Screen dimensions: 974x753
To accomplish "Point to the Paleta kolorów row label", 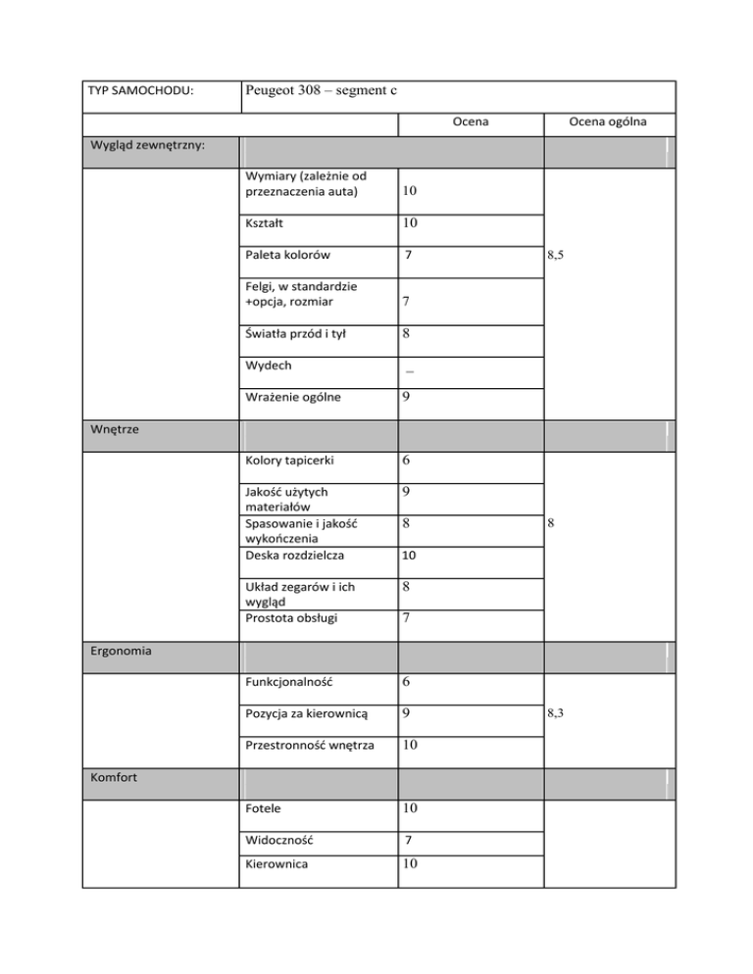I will coord(288,256).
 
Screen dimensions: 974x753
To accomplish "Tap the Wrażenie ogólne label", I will coord(295,399).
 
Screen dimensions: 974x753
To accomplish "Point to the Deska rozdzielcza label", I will coord(291,558).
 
